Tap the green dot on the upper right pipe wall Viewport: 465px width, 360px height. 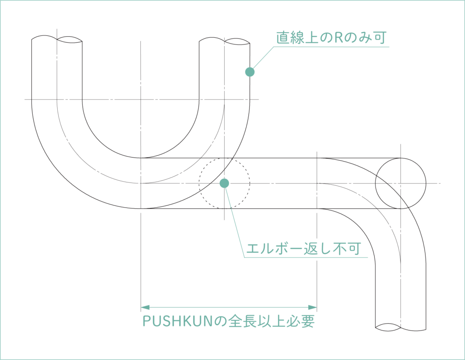coord(249,71)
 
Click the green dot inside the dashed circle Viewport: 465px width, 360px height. coord(224,183)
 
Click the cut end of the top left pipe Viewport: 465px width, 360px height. coord(57,39)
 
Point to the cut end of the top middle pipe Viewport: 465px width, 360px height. coord(225,41)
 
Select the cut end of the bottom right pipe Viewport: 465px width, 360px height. coord(401,326)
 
